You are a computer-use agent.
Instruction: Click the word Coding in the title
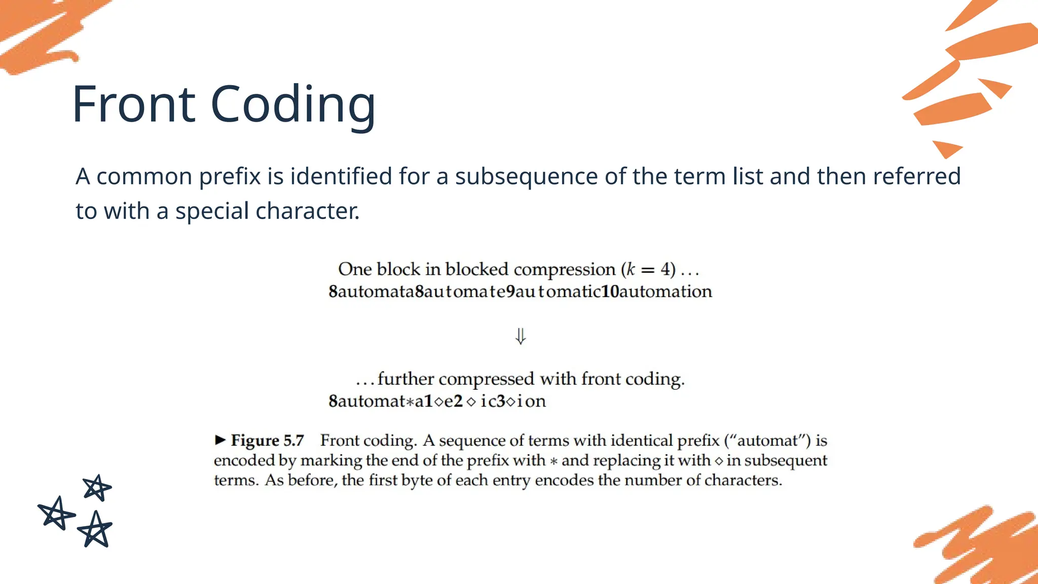(292, 105)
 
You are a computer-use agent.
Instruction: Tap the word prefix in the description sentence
(230, 176)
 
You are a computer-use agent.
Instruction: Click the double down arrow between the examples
(521, 336)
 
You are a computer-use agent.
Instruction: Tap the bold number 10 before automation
(610, 291)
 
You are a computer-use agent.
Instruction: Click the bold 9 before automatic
(511, 291)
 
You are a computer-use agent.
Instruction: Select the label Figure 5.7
(267, 440)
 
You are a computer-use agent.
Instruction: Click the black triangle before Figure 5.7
(220, 440)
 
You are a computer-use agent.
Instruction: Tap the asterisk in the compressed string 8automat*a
(410, 401)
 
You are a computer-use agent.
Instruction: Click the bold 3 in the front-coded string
(501, 401)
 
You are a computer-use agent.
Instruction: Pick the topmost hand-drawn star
(96, 488)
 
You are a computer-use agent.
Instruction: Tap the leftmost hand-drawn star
(56, 513)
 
